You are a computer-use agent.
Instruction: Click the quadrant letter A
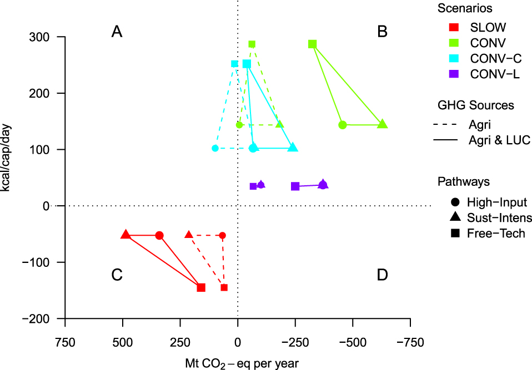click(x=117, y=32)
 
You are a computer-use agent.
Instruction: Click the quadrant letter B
click(x=382, y=32)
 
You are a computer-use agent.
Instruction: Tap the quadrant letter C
click(x=117, y=275)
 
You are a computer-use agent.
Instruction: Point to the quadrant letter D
click(x=382, y=275)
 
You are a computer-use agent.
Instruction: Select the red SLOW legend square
click(x=454, y=27)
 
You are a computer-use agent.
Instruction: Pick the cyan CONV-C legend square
click(x=454, y=58)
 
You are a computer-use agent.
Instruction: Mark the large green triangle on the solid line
click(x=382, y=124)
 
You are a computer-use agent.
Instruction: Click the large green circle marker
click(x=343, y=125)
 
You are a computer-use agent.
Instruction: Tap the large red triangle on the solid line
click(x=126, y=235)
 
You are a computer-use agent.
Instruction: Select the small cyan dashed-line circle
click(x=215, y=148)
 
